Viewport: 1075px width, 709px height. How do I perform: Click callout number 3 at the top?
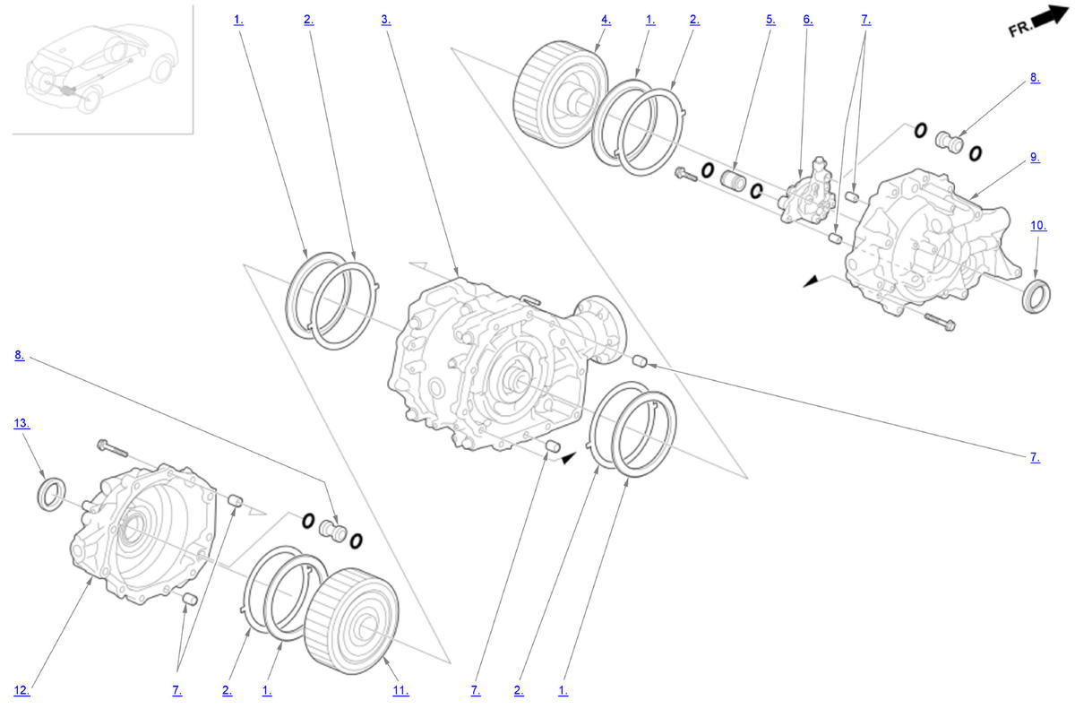(x=386, y=20)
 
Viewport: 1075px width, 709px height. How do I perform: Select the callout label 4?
(x=606, y=20)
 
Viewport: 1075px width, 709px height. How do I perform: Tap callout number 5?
(x=770, y=20)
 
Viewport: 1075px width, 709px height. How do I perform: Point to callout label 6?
(x=808, y=20)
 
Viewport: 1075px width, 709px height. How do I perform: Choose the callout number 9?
(x=1036, y=158)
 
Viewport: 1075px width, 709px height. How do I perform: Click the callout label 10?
(x=1038, y=226)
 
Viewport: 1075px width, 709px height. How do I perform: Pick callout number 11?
(x=400, y=691)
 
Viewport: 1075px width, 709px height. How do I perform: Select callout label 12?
(x=21, y=691)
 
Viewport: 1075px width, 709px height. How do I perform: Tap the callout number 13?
(x=21, y=423)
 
